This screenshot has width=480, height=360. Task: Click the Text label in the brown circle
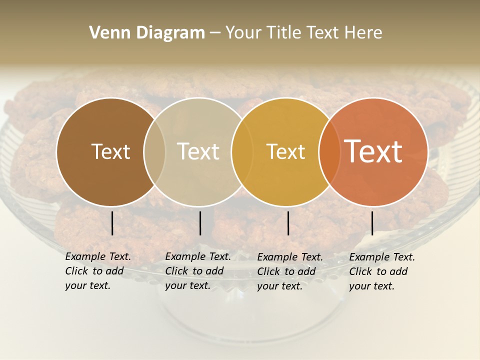pos(110,151)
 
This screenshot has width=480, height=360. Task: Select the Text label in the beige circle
pos(198,151)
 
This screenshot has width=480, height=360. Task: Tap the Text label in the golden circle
pos(285,151)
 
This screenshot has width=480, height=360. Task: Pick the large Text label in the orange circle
pos(373,151)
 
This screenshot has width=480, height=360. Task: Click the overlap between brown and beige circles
pos(154,152)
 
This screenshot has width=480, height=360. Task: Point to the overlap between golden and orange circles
pos(327,152)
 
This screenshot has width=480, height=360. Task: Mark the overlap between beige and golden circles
pos(240,152)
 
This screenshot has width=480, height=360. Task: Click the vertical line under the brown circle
pos(112,223)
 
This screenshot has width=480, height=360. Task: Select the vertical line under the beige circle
pos(200,223)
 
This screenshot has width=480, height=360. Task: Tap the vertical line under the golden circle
pos(288,223)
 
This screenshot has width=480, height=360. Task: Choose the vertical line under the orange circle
pos(372,223)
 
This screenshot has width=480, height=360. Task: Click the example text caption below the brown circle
pos(97,271)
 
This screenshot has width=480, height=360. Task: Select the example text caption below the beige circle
pos(197,271)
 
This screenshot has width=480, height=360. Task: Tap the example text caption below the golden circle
pos(289,271)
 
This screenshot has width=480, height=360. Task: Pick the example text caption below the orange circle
pos(381,271)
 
